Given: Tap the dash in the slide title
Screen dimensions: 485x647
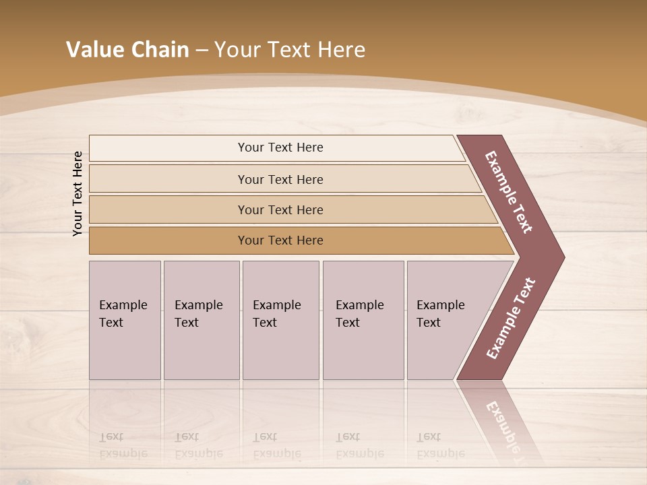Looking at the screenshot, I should click(202, 51).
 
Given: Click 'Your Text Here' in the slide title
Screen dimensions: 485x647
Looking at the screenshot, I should click(290, 50).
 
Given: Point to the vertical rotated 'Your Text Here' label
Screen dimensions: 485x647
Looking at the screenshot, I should click(78, 193).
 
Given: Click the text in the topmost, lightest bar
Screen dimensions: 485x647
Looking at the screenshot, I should click(280, 148).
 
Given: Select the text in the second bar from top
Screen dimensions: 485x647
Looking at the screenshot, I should click(280, 180).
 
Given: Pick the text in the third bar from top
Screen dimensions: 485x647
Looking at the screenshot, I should click(280, 210).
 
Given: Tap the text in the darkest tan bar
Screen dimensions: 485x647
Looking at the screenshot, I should click(280, 240).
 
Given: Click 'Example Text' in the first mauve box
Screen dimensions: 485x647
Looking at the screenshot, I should click(123, 314).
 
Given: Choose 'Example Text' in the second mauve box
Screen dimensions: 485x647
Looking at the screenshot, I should click(198, 314).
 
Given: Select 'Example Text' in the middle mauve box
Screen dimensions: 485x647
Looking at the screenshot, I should click(276, 314).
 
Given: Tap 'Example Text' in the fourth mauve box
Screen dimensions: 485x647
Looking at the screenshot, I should click(359, 314).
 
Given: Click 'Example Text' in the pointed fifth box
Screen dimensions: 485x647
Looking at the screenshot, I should click(440, 314).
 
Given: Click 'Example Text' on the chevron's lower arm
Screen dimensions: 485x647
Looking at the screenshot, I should click(511, 319).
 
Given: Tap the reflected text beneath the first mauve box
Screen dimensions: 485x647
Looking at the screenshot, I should click(123, 445).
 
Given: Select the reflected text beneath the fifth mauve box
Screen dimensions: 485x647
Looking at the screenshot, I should click(440, 445).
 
